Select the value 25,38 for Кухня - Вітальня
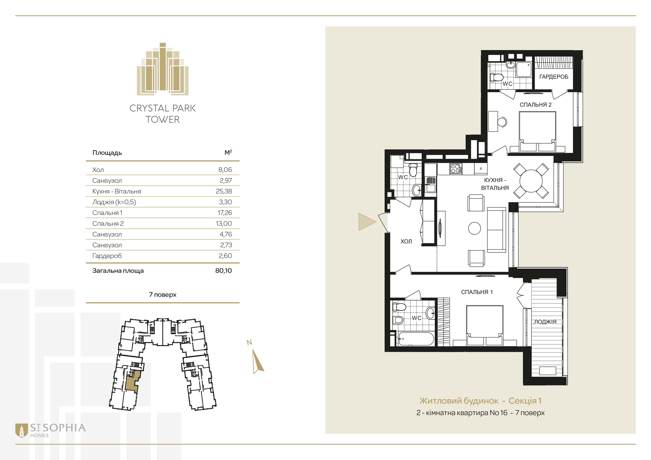pyautogui.click(x=224, y=191)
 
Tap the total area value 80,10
pyautogui.click(x=223, y=270)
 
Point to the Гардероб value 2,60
pyautogui.click(x=225, y=256)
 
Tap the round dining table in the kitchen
pyautogui.click(x=531, y=181)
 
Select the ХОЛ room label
pyautogui.click(x=406, y=241)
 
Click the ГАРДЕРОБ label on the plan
pyautogui.click(x=554, y=77)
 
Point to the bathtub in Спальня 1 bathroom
pyautogui.click(x=416, y=339)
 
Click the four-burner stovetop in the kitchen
pyautogui.click(x=455, y=169)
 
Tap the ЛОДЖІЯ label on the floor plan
pyautogui.click(x=545, y=322)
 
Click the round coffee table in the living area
pyautogui.click(x=474, y=228)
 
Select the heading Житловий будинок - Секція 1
pyautogui.click(x=480, y=401)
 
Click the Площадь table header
pyautogui.click(x=107, y=153)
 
